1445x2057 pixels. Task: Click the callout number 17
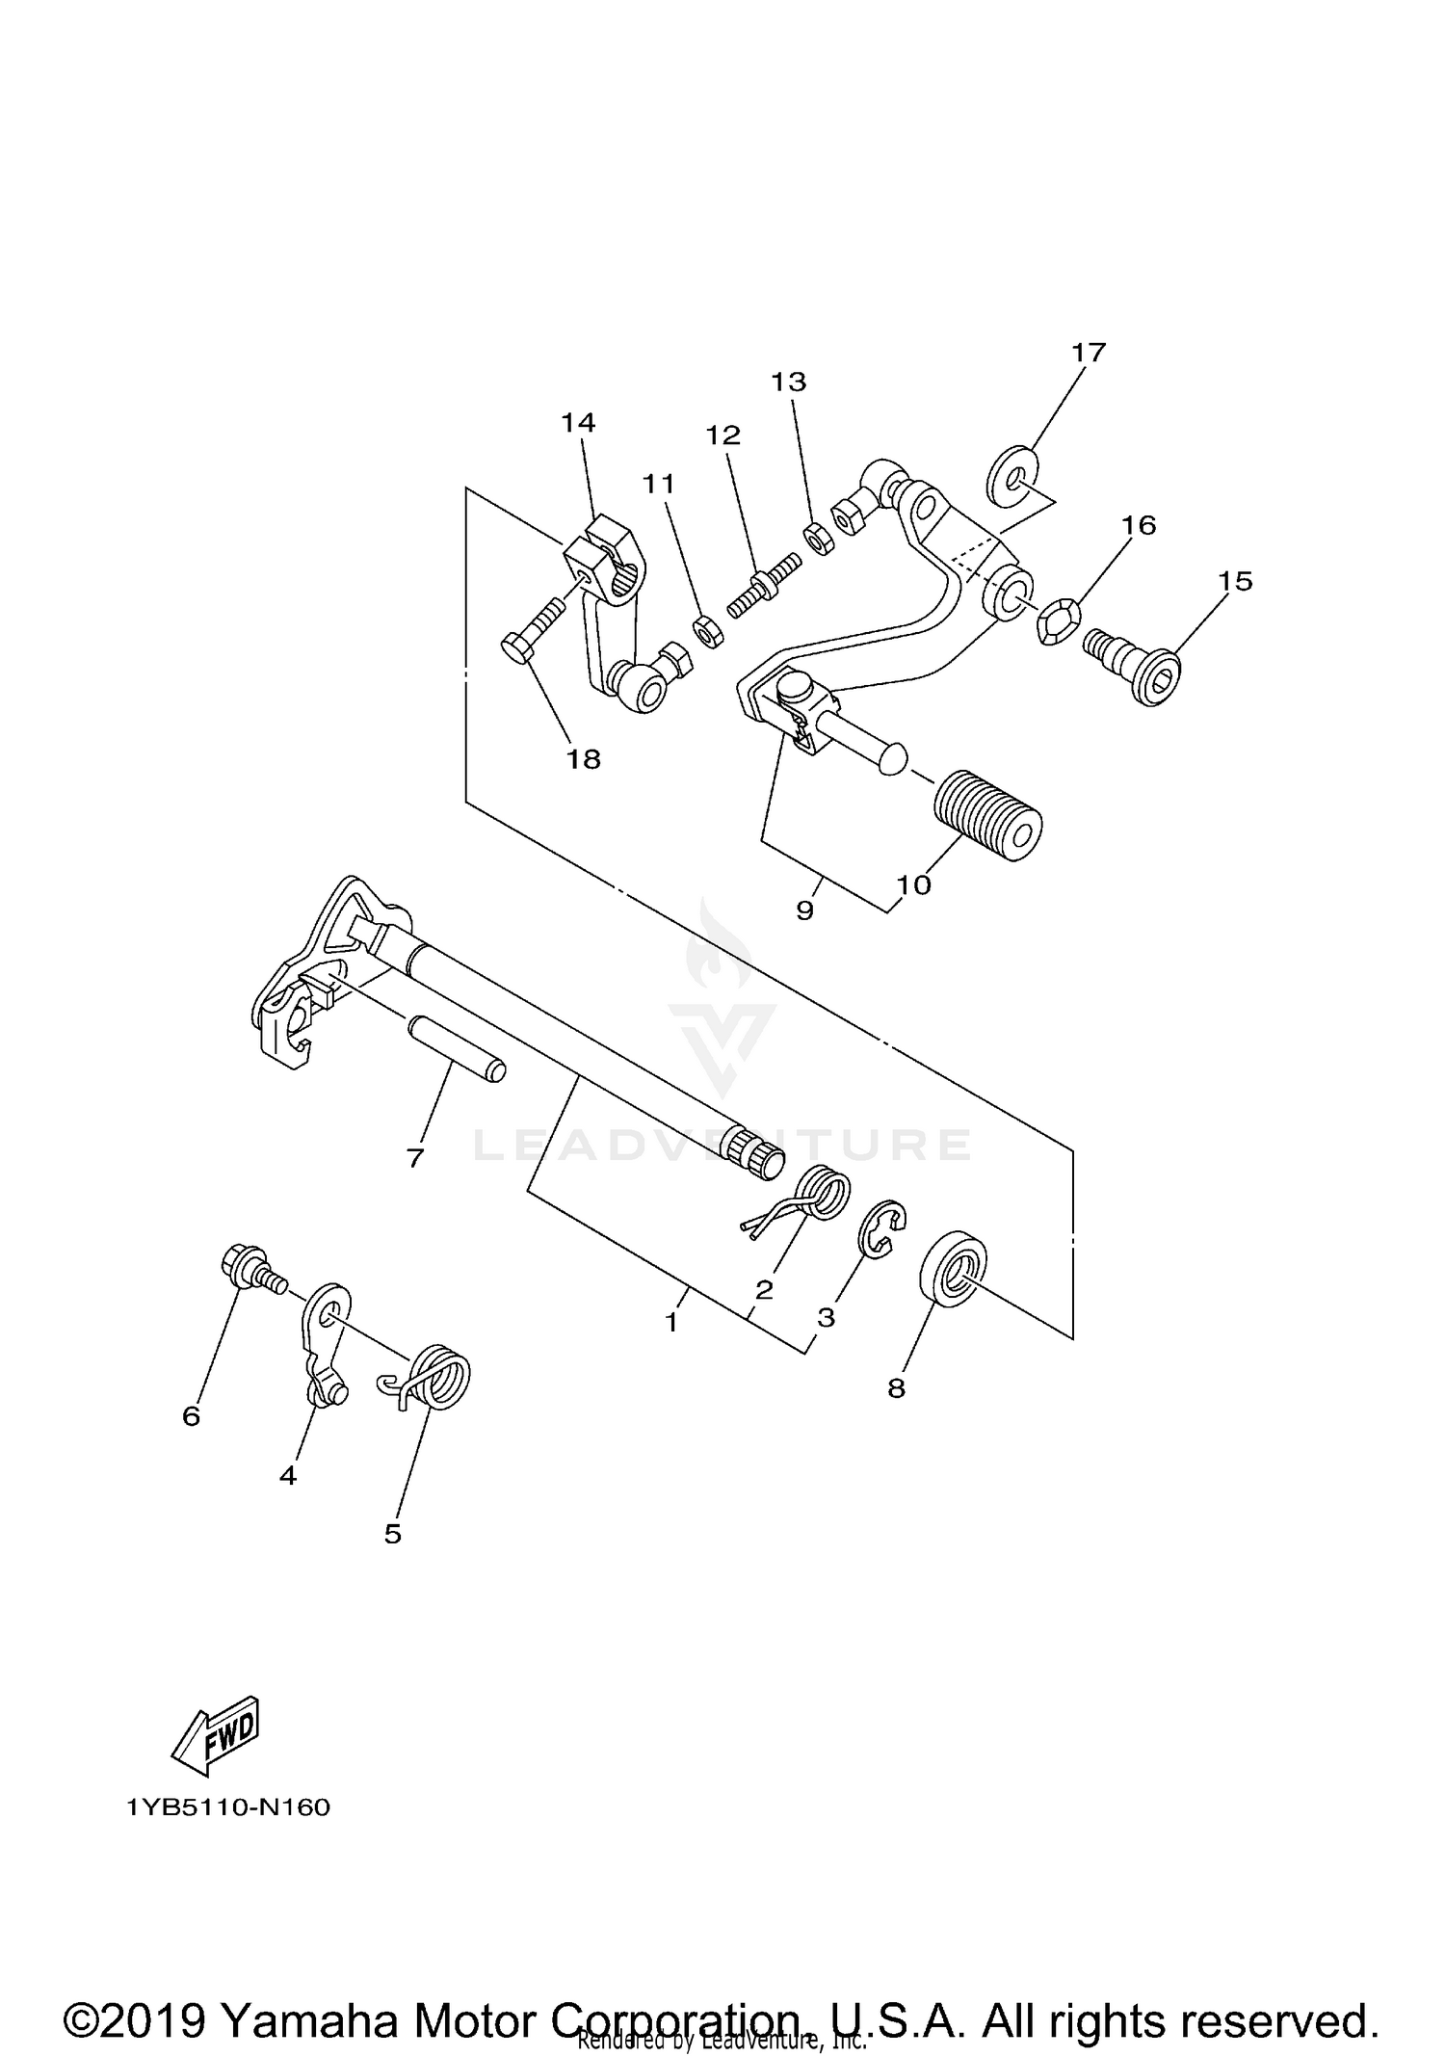tap(1089, 353)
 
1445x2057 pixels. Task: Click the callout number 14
tap(578, 422)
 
